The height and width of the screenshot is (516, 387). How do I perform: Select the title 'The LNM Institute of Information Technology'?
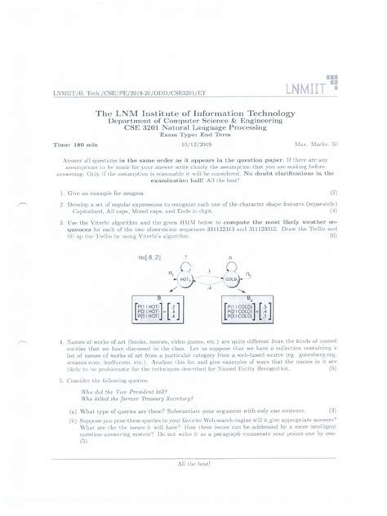(193, 111)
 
